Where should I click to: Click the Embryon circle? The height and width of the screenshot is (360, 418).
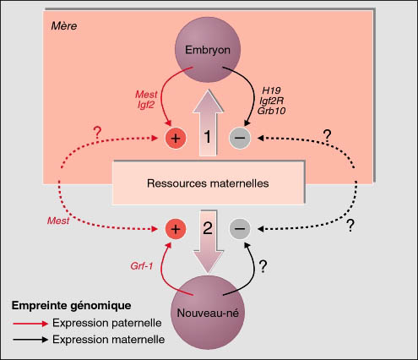(x=208, y=50)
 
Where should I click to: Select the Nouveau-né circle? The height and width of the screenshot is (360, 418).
(x=208, y=313)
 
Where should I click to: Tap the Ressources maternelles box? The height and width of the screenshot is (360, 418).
(x=208, y=183)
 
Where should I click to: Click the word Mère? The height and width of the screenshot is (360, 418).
(x=64, y=26)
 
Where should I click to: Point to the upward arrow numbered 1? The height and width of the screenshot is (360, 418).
(x=208, y=123)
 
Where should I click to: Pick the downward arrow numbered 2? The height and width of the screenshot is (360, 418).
(x=208, y=242)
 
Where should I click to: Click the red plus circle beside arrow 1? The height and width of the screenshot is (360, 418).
(x=176, y=138)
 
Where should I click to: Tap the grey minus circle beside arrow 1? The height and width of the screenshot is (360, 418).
(x=240, y=138)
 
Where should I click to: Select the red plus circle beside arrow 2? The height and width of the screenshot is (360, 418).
(x=176, y=229)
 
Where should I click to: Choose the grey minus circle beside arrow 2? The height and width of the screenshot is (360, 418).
(x=240, y=228)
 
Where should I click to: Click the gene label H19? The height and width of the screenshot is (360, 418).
(x=271, y=90)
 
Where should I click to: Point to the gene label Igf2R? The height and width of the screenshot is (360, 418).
(x=271, y=101)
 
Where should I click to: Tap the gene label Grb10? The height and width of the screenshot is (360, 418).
(x=271, y=111)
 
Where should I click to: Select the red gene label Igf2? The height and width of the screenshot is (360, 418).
(x=146, y=105)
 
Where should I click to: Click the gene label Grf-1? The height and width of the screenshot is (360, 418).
(x=142, y=266)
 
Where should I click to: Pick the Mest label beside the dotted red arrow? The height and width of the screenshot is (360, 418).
(x=58, y=221)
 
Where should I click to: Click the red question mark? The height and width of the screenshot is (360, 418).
(x=97, y=133)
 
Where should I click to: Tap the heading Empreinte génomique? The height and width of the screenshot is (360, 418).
(x=71, y=306)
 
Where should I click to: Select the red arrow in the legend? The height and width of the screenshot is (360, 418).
(x=30, y=324)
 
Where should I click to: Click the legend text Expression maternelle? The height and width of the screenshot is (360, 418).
(x=108, y=340)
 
